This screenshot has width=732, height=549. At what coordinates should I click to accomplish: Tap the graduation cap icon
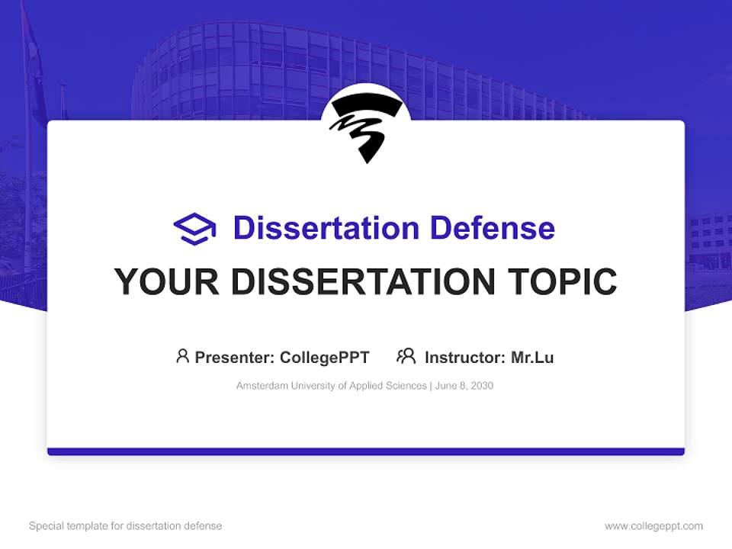click(194, 229)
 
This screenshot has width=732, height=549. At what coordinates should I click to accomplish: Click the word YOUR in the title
click(167, 282)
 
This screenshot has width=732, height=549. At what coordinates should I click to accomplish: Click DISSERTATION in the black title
click(362, 282)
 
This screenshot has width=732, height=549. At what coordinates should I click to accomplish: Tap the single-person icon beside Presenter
click(182, 356)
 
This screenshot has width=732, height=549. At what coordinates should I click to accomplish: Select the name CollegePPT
click(324, 357)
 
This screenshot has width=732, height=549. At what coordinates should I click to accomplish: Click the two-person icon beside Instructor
click(406, 356)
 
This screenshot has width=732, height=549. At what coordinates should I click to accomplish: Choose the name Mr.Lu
click(532, 357)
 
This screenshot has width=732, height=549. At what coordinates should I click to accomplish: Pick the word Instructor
click(464, 357)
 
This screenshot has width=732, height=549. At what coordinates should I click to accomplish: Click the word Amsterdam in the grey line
click(261, 386)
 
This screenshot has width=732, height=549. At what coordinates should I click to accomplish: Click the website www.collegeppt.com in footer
click(653, 526)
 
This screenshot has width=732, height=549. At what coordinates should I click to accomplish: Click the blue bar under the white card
click(366, 451)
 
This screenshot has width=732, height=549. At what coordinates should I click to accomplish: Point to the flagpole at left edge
click(27, 152)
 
